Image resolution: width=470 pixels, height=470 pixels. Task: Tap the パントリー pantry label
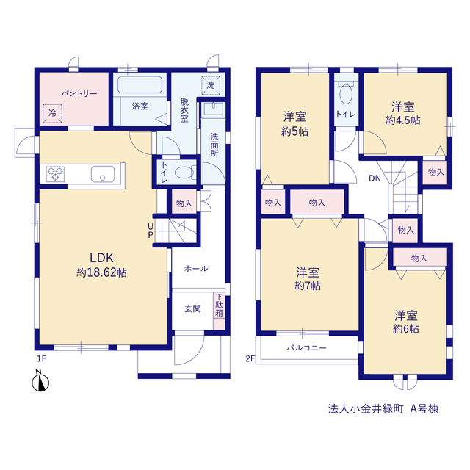pyautogui.click(x=79, y=94)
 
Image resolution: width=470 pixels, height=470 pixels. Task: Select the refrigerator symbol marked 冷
pyautogui.click(x=52, y=113)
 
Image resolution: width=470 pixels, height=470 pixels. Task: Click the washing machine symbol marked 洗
pyautogui.click(x=211, y=85)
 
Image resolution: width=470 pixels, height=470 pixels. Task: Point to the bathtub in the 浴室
pyautogui.click(x=140, y=85)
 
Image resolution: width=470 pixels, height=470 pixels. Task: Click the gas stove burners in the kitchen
pyautogui.click(x=56, y=174)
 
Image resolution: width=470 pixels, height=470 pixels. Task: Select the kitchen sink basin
pyautogui.click(x=103, y=174)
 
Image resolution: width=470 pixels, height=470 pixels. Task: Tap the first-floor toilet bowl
pyautogui.click(x=184, y=173)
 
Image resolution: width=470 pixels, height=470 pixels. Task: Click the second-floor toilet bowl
pyautogui.click(x=346, y=94)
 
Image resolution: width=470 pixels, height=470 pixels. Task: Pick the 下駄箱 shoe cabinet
pyautogui.click(x=220, y=311)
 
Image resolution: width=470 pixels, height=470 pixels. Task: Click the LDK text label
pyautogui.click(x=101, y=258)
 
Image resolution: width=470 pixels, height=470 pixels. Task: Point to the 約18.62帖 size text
pyautogui.click(x=101, y=272)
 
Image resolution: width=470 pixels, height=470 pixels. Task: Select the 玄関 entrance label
pyautogui.click(x=192, y=308)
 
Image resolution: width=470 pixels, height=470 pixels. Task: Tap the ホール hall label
pyautogui.click(x=196, y=269)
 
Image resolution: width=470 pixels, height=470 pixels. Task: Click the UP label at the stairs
pyautogui.click(x=151, y=231)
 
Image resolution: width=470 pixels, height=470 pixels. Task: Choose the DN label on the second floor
pyautogui.click(x=375, y=178)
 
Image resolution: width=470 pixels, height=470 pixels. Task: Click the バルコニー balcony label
pyautogui.click(x=306, y=348)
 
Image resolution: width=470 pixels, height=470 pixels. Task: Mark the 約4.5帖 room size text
pyautogui.click(x=403, y=120)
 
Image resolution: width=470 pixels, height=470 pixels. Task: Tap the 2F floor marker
pyautogui.click(x=250, y=358)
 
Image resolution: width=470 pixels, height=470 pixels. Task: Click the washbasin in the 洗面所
pyautogui.click(x=214, y=109)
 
